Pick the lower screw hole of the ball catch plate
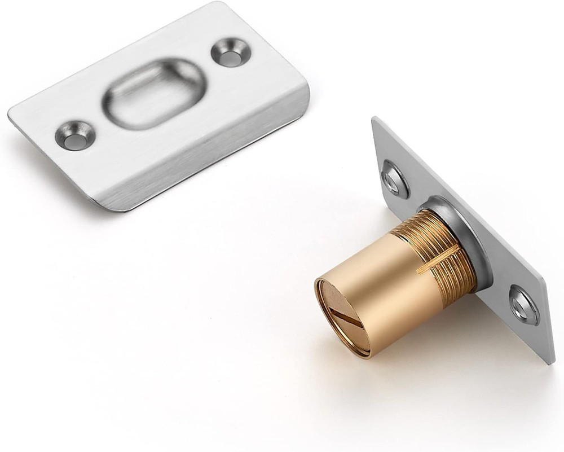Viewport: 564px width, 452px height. pyautogui.click(x=523, y=304)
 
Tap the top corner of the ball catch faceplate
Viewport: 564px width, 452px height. pyautogui.click(x=374, y=119)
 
